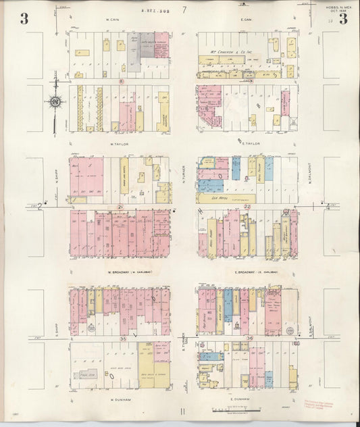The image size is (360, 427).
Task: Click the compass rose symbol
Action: (55, 103)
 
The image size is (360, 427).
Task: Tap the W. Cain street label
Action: (113, 20)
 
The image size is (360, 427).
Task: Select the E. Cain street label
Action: (246, 20)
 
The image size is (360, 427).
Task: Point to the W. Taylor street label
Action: (119, 143)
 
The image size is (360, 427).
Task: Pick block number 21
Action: (120, 206)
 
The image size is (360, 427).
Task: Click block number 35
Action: (122, 338)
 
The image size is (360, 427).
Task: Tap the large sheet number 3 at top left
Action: (24, 18)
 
